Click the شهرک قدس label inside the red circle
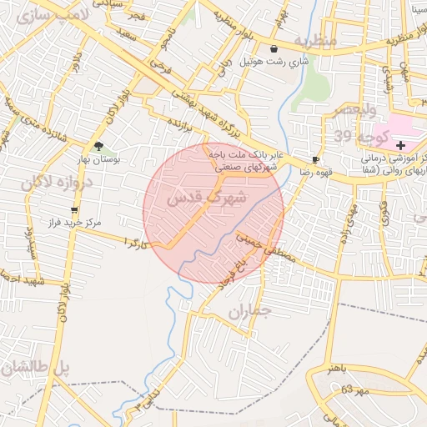pyautogui.click(x=208, y=198)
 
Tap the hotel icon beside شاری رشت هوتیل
pyautogui.click(x=274, y=49)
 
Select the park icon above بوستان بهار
pyautogui.click(x=99, y=146)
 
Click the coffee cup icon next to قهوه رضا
pyautogui.click(x=315, y=158)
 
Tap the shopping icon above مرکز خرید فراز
pyautogui.click(x=74, y=210)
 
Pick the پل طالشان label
pyautogui.click(x=35, y=366)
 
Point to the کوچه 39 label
pyautogui.click(x=360, y=136)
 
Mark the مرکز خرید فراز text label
pyautogui.click(x=74, y=224)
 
